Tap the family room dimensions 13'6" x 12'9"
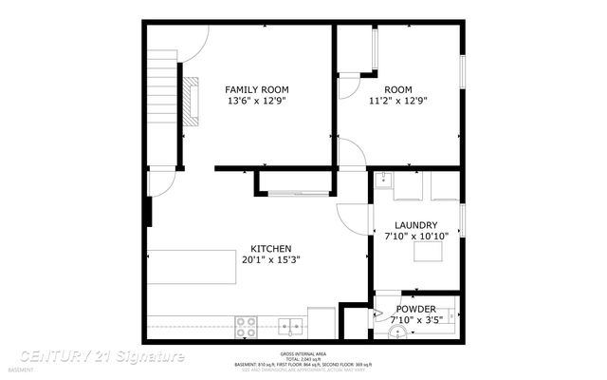[256, 101]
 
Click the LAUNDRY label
[415, 226]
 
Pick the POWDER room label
[415, 310]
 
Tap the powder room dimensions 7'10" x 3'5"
[415, 321]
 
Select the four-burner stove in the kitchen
[247, 327]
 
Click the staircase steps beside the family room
[163, 95]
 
